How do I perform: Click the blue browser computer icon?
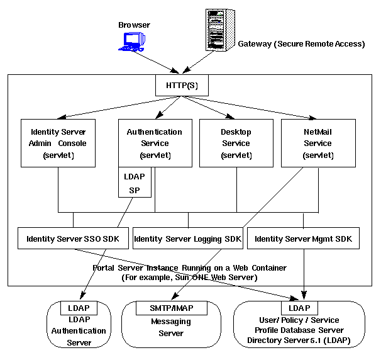(133, 42)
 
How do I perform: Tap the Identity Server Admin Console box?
(58, 143)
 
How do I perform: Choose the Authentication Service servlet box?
(154, 143)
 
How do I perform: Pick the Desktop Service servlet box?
(236, 143)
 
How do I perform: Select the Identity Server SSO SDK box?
(73, 239)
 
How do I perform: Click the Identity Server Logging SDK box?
(187, 239)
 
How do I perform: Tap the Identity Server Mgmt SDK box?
(303, 239)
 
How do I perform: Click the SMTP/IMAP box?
(171, 308)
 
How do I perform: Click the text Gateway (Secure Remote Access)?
(301, 44)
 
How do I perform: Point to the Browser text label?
(135, 25)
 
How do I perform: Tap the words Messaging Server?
(170, 327)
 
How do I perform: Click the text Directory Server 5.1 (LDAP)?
(299, 340)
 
